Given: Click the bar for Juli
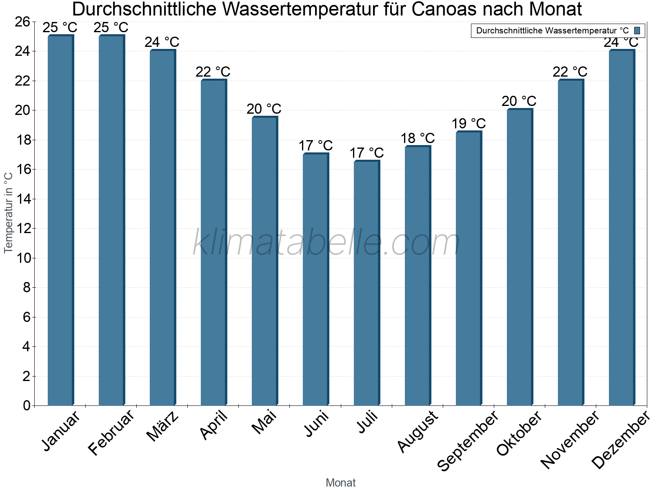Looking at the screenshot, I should coord(366,283).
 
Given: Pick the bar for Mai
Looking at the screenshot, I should coord(264,261).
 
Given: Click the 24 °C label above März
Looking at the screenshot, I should coord(162,42).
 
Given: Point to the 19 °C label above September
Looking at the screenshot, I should coord(469,123).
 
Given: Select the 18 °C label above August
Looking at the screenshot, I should coord(418,138).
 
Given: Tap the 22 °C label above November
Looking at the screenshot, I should coord(570,72).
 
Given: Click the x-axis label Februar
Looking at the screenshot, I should coord(111,433).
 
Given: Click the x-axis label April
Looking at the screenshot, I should coord(213,426).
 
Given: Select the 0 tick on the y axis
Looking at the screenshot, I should coord(27,405).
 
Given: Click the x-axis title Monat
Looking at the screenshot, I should coord(341,482).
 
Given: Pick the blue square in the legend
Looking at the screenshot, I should coord(637,31).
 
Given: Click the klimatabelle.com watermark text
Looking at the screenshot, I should coord(326,243).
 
